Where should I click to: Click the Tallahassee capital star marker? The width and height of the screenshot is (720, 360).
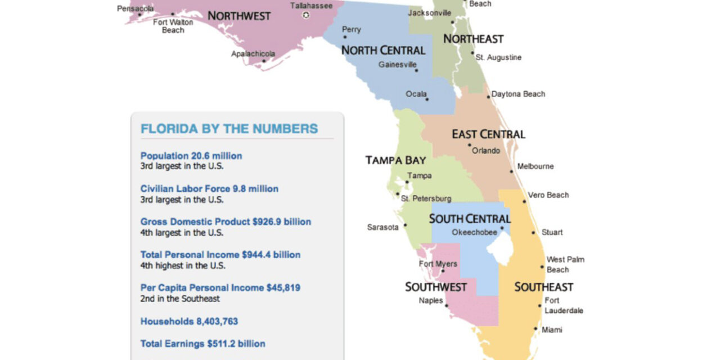306,15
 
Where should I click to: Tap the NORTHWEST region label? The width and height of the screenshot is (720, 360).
239,16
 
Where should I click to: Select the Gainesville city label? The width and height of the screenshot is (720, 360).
397,65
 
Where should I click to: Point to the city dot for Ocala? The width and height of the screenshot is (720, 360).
427,100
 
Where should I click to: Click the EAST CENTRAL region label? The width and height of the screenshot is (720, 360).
488,134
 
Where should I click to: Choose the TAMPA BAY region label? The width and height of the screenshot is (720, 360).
395,160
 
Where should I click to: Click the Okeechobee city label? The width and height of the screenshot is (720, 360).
474,232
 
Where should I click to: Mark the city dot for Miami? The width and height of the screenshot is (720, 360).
535,330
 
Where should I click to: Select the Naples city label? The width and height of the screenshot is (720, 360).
431,300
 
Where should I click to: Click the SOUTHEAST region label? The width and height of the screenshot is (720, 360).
543,287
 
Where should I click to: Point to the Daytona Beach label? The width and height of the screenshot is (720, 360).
518,94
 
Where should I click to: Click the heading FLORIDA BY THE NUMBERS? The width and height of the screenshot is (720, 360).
229,129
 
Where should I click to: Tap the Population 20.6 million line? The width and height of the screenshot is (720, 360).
191,156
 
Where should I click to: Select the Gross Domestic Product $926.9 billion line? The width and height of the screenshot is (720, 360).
226,222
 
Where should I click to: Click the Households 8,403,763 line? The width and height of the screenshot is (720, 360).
189,322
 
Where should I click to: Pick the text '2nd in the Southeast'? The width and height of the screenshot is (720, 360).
180,299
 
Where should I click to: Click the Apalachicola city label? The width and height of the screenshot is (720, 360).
253,54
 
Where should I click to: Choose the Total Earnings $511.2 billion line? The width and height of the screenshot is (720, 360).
202,344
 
